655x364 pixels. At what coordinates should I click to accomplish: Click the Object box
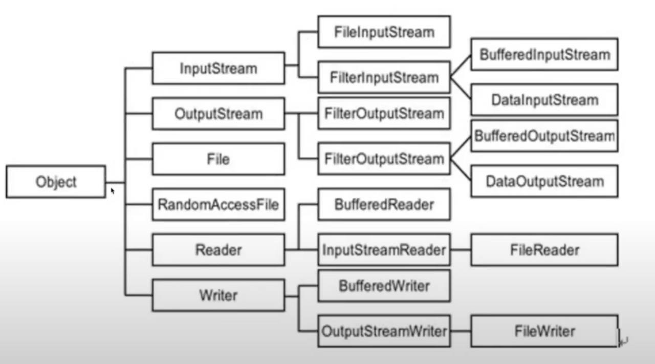[56, 182]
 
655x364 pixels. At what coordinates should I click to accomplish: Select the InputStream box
[218, 68]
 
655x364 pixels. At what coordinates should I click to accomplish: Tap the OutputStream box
[218, 114]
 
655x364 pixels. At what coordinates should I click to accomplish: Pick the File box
[218, 159]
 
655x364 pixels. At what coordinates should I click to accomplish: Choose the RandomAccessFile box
[218, 205]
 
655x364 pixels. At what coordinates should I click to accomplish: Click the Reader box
[218, 250]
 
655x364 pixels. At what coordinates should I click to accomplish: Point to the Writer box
[218, 295]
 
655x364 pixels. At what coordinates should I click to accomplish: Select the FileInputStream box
[384, 32]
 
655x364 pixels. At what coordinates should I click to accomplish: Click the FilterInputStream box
[384, 78]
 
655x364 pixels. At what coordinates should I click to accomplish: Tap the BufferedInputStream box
[544, 55]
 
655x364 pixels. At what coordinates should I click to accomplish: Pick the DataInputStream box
[544, 100]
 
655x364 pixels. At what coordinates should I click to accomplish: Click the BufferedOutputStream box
[544, 136]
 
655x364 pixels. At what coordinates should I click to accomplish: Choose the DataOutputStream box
[544, 181]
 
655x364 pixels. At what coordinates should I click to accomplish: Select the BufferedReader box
[384, 205]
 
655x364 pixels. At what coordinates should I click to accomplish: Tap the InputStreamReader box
[384, 250]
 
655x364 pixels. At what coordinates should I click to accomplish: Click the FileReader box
[544, 250]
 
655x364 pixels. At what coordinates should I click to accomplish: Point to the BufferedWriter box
[384, 286]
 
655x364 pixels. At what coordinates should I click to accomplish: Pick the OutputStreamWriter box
[384, 331]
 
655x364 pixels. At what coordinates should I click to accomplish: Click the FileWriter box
[544, 331]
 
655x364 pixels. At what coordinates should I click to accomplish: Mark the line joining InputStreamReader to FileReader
[461, 250]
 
